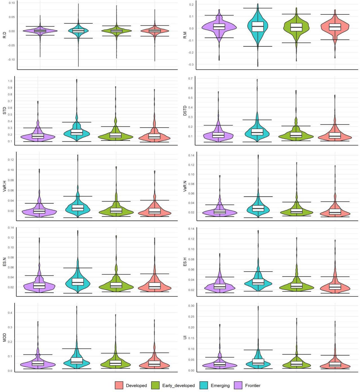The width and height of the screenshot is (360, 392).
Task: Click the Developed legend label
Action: click(x=136, y=386)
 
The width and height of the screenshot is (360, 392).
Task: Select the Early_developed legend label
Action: click(x=178, y=386)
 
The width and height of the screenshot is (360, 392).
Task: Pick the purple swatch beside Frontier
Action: click(x=238, y=386)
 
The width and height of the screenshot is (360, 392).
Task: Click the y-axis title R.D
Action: click(x=4, y=35)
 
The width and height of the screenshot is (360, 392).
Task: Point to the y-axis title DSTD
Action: click(x=185, y=111)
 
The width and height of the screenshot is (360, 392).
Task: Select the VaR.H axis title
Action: click(x=4, y=186)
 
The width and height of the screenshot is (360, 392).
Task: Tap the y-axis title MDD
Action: click(x=4, y=338)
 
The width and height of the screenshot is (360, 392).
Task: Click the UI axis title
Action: click(x=185, y=337)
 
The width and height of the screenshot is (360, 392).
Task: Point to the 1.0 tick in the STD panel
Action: click(x=10, y=81)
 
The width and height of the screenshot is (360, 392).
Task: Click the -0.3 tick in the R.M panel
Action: click(x=191, y=65)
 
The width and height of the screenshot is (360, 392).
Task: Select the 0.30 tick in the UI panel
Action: click(x=191, y=306)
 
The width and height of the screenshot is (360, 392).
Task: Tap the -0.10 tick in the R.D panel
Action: click(x=11, y=60)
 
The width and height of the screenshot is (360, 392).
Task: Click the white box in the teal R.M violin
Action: click(x=258, y=27)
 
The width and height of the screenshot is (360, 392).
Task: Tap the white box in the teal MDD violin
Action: click(x=77, y=361)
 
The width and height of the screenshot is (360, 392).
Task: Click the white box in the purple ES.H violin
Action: click(x=219, y=286)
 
